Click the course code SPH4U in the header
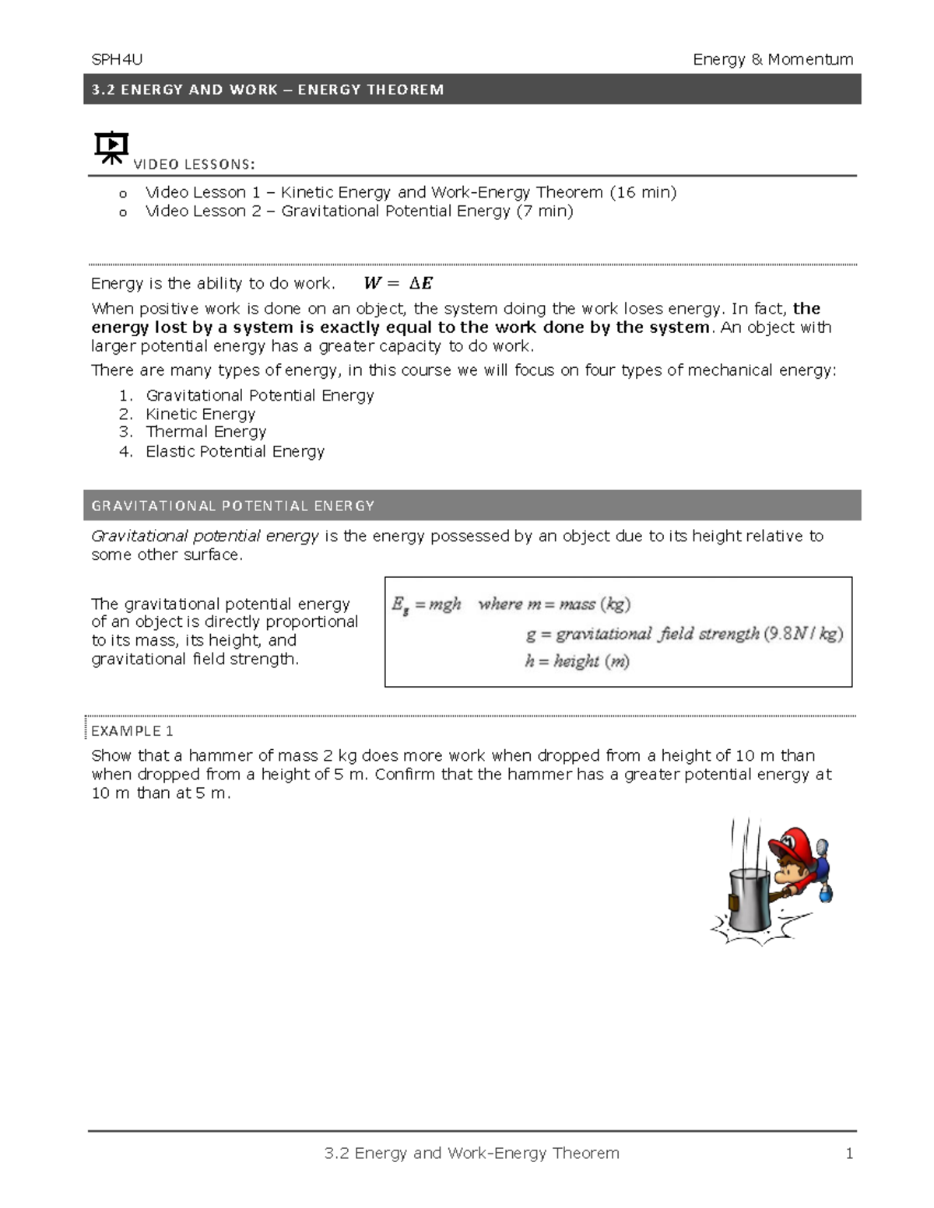coord(117,60)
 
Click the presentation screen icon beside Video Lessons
coord(111,147)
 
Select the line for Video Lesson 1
coord(410,192)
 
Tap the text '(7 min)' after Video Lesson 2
coord(545,211)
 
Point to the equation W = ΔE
coord(399,283)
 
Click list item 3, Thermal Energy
coord(205,432)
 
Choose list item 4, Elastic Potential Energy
coord(234,451)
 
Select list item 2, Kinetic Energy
coord(200,414)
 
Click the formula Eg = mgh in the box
coord(427,604)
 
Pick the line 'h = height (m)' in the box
coord(577,661)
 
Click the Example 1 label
coord(132,730)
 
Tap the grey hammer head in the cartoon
coord(749,899)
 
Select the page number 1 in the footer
coord(849,1153)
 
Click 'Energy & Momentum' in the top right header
coord(773,60)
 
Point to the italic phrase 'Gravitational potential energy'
coord(205,536)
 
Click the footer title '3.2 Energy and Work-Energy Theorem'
coord(472,1153)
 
